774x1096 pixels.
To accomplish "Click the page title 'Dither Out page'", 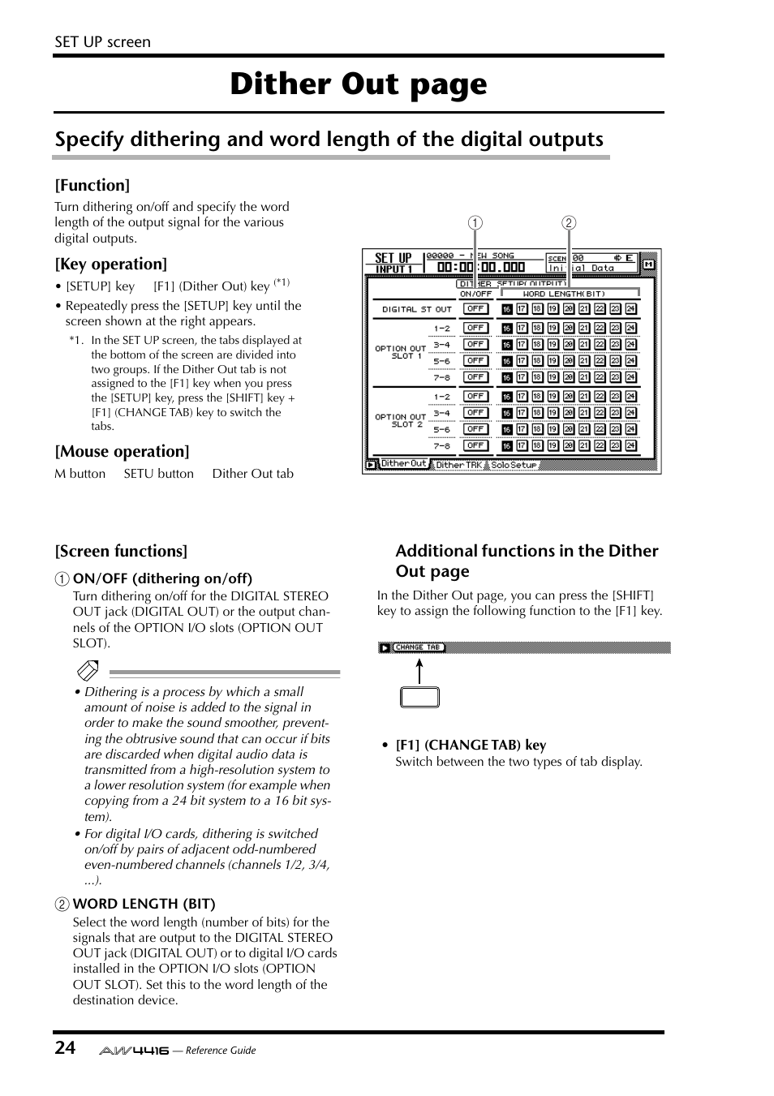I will coord(358,84).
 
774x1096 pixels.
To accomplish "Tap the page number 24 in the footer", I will coord(65,1047).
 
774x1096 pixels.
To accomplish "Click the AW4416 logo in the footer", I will coord(134,1050).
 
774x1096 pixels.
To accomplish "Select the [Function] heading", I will coord(92,185).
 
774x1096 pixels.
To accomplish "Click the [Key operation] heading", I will coord(110,264).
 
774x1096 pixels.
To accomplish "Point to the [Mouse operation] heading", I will coord(122,451).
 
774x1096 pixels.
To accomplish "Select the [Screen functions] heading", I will coord(121,551).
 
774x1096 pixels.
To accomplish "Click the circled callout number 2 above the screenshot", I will coord(569,223).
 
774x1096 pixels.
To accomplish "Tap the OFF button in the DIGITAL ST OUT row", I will coord(475,309).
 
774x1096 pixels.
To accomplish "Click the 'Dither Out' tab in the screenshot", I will coord(402,464).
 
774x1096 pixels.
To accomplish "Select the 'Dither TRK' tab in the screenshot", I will coord(458,465).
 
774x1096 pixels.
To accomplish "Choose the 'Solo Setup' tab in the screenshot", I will coord(514,465).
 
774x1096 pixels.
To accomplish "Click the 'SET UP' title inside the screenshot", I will coord(393,258).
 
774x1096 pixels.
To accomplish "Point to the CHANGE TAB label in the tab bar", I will coord(417,647).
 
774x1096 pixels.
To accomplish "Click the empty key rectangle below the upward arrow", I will coord(419,697).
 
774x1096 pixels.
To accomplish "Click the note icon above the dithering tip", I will coord(88,671).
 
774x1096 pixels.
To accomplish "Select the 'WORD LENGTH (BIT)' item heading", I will coord(144,904).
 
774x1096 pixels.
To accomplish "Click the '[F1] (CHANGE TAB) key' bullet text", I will coord(471,745).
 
